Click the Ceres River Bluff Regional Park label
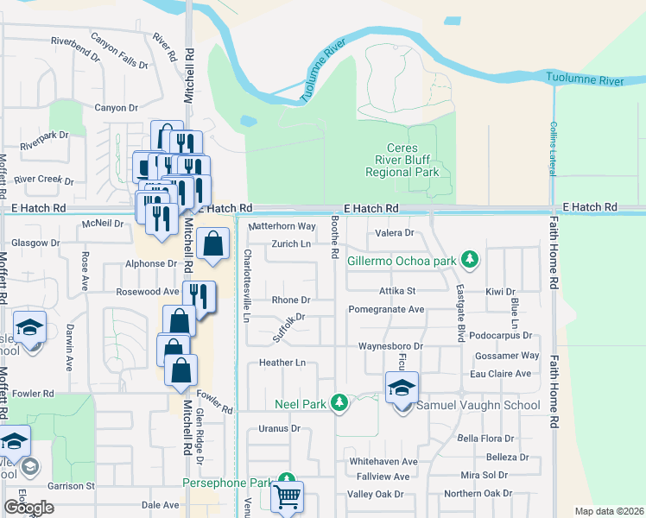point(402,161)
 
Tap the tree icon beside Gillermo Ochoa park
point(469,259)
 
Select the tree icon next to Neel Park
point(340,403)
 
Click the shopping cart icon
point(288,497)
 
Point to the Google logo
point(28,508)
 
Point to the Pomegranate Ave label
point(386,309)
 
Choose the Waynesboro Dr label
point(389,346)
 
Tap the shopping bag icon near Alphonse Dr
point(213,244)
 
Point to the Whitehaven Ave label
point(383,462)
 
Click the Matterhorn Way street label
point(282,226)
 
